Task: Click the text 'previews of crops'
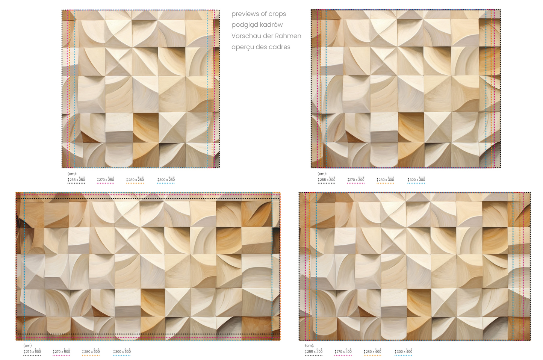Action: pyautogui.click(x=259, y=14)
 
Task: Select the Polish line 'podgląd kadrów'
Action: pyautogui.click(x=257, y=25)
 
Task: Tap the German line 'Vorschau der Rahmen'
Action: pyautogui.click(x=266, y=36)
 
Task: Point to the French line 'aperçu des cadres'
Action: pyautogui.click(x=261, y=47)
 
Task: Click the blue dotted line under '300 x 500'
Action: pyautogui.click(x=122, y=355)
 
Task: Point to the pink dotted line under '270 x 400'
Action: pyautogui.click(x=343, y=355)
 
